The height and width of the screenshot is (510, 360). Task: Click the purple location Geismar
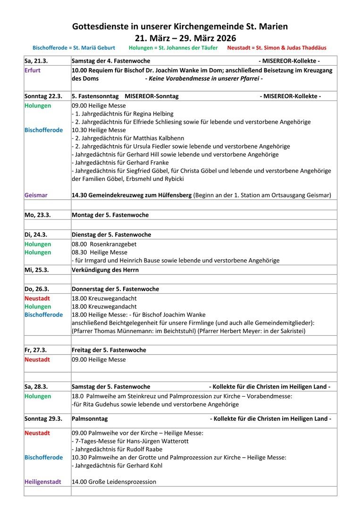pyautogui.click(x=36, y=195)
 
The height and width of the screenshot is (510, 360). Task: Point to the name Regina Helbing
pyautogui.click(x=153, y=114)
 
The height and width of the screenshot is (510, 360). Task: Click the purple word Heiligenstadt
pyautogui.click(x=43, y=482)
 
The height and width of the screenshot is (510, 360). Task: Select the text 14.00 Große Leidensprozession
pyautogui.click(x=114, y=482)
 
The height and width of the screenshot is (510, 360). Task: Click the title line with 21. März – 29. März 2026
pyautogui.click(x=180, y=37)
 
